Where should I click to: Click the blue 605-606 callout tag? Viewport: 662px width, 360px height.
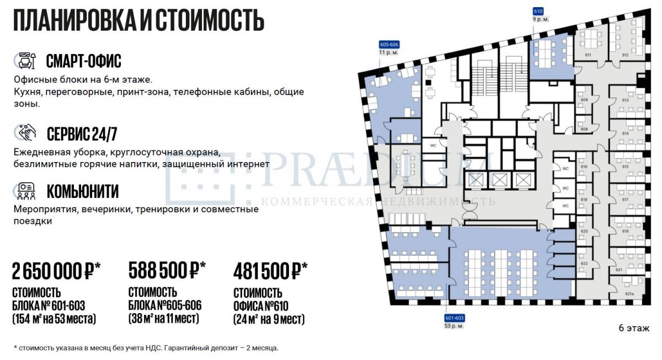pyautogui.click(x=389, y=45)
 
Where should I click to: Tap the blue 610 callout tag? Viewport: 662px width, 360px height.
pyautogui.click(x=538, y=12)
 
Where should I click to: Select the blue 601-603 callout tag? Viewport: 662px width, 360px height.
pyautogui.click(x=454, y=318)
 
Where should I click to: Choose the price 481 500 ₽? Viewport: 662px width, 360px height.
pyautogui.click(x=270, y=271)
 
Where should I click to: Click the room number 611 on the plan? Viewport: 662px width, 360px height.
pyautogui.click(x=588, y=55)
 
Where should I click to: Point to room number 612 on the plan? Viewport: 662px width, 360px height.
pyautogui.click(x=625, y=55)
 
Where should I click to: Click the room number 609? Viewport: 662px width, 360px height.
pyautogui.click(x=584, y=100)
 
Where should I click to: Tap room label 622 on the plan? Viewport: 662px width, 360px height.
pyautogui.click(x=584, y=264)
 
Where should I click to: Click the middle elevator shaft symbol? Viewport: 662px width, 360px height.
pyautogui.click(x=499, y=180)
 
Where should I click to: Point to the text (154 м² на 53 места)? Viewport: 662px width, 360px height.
pyautogui.click(x=54, y=319)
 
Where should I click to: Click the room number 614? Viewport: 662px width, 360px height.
pyautogui.click(x=625, y=134)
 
